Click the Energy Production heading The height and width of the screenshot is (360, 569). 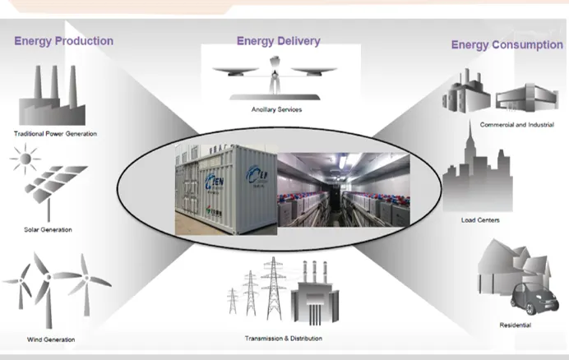click(63, 41)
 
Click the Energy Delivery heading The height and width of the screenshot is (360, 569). click(278, 41)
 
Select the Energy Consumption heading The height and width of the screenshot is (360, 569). click(507, 45)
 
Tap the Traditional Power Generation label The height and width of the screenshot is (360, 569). click(55, 133)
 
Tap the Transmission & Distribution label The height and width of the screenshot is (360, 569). click(283, 338)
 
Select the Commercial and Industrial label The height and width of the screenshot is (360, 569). click(516, 125)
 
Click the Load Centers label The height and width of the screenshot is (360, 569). click(481, 220)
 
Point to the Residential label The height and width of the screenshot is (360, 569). click(516, 325)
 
